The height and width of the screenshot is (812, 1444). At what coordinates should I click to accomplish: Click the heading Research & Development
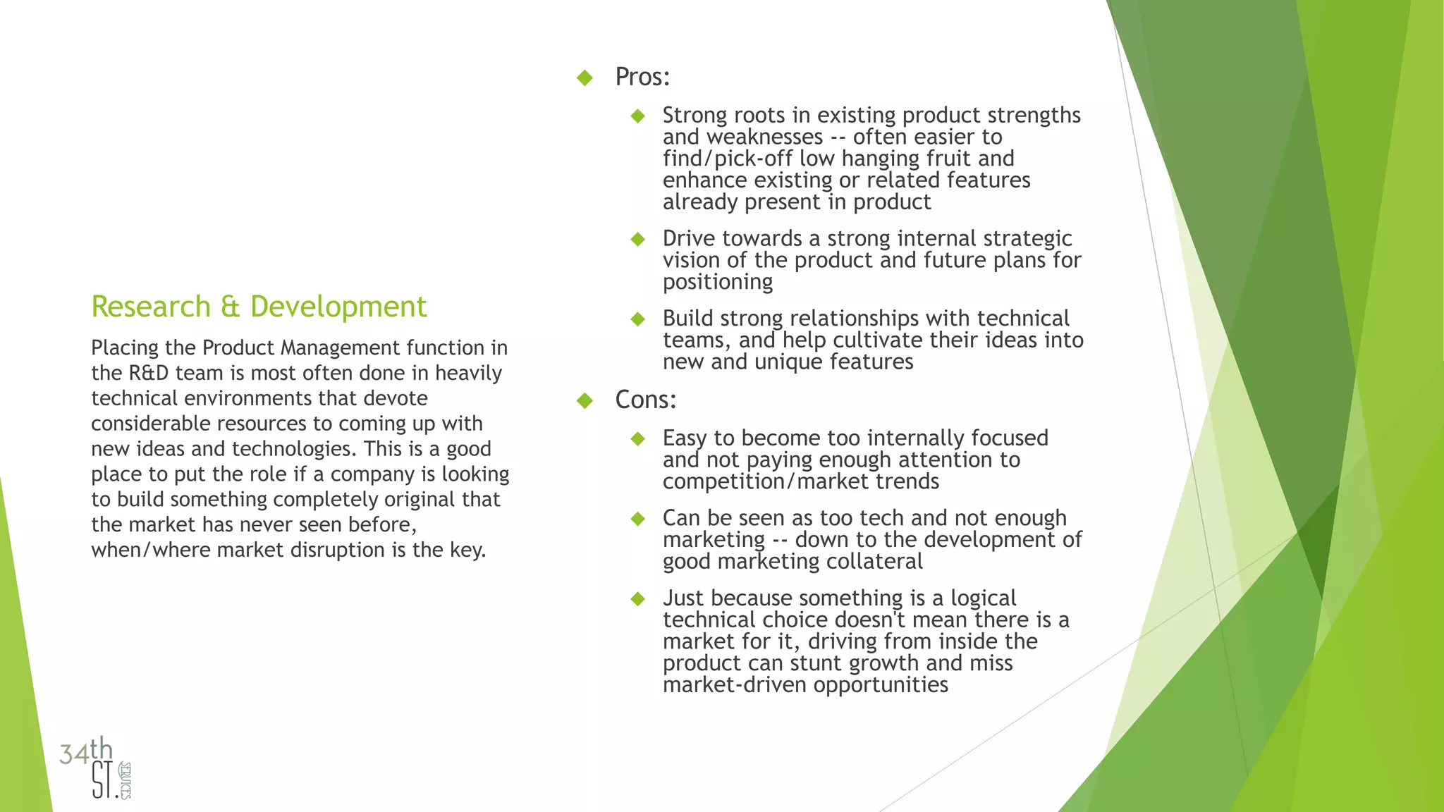coord(259,307)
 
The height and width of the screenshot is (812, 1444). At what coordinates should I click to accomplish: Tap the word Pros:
coord(642,77)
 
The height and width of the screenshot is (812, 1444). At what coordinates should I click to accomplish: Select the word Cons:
coord(645,400)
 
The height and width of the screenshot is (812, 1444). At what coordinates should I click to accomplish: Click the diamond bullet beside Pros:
coord(585,78)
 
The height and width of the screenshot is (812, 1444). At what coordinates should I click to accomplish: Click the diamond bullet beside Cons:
coord(585,400)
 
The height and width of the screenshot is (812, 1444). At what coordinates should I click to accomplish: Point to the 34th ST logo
coord(96,768)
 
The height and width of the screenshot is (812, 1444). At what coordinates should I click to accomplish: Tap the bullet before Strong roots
coord(638,116)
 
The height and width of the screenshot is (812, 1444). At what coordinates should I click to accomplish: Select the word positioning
coord(718,282)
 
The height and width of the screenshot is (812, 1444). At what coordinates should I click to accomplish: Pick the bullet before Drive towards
coord(638,239)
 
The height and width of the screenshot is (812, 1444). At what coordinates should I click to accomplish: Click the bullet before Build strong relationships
coord(638,319)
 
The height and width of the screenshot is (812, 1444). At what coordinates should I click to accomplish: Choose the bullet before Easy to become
coord(638,438)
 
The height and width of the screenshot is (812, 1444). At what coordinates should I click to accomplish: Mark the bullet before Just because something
coord(638,598)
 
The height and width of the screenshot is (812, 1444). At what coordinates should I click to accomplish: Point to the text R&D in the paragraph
coord(149,373)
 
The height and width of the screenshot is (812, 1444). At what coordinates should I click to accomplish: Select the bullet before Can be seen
coord(638,519)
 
